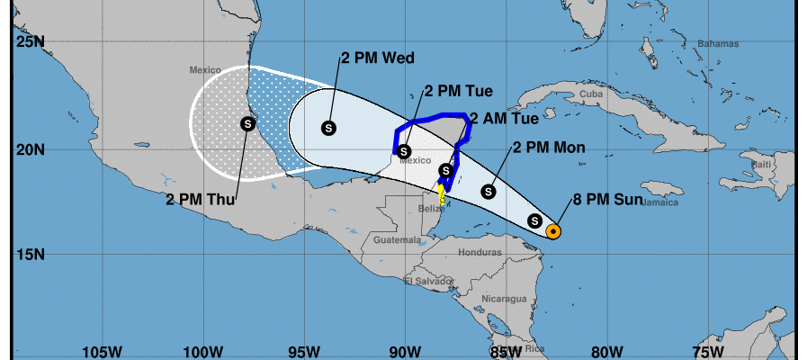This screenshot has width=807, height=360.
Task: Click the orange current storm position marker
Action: pyautogui.click(x=554, y=231)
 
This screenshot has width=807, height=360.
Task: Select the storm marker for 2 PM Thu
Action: pyautogui.click(x=248, y=124)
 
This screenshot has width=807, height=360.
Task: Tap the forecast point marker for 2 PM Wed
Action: pyautogui.click(x=328, y=128)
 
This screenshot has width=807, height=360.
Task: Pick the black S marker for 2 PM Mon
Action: pyautogui.click(x=489, y=191)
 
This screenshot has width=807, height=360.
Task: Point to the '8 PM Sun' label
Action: pyautogui.click(x=607, y=200)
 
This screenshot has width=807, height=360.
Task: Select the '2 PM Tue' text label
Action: pyautogui.click(x=457, y=91)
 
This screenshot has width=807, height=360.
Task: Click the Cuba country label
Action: pyautogui.click(x=590, y=94)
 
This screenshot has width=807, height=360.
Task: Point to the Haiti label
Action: pyautogui.click(x=762, y=164)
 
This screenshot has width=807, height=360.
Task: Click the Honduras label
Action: pyautogui.click(x=479, y=252)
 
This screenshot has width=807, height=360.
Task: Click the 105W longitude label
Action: pyautogui.click(x=101, y=350)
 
